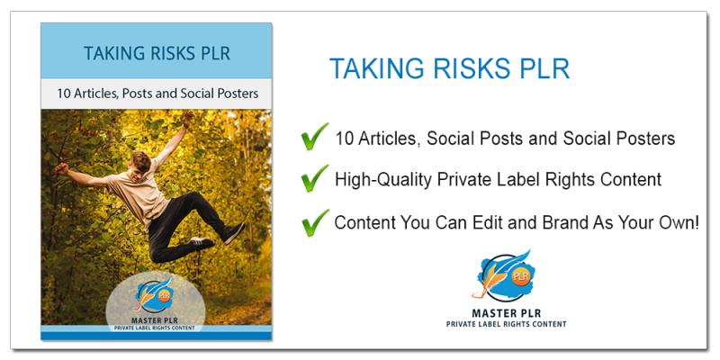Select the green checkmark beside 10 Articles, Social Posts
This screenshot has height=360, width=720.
click(314, 137)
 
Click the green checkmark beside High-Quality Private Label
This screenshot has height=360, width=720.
click(314, 178)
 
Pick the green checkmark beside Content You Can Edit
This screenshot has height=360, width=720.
click(314, 220)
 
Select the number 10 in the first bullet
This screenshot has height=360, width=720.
click(344, 139)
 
